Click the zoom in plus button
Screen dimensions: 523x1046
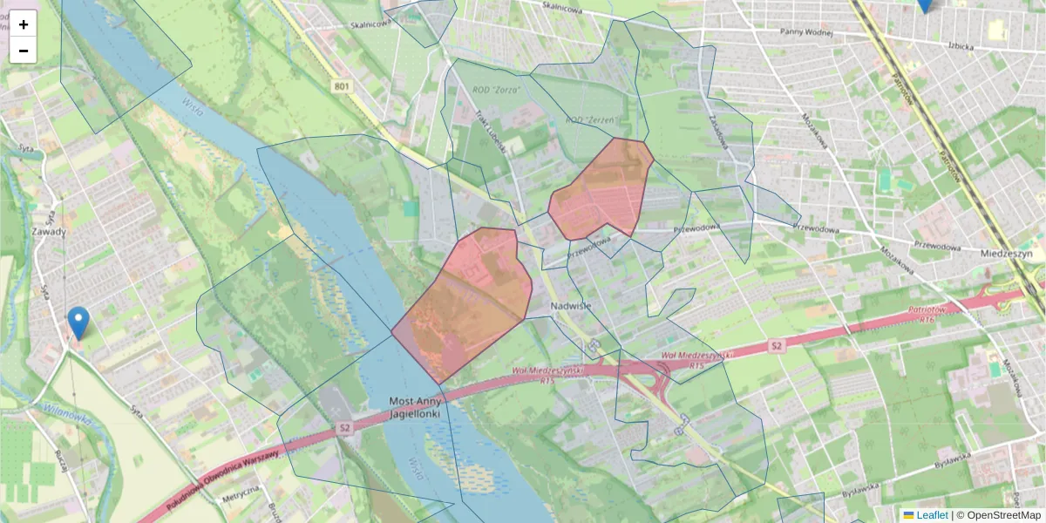[24, 24]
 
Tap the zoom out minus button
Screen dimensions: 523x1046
[24, 51]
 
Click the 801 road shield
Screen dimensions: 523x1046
[341, 85]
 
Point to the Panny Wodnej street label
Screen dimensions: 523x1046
[808, 32]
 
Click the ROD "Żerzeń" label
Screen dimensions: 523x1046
[591, 119]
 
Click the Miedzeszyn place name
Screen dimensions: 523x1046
[1006, 254]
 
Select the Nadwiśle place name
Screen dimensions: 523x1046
[572, 306]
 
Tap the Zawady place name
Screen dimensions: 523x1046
[49, 232]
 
